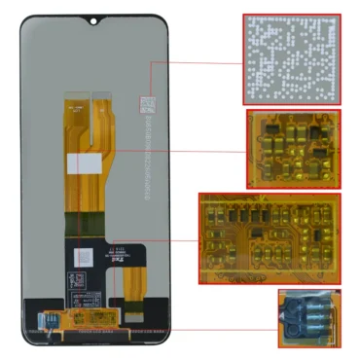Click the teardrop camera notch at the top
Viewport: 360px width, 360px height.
coord(96,19)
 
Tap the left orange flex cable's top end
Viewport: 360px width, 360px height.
coord(75,99)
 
